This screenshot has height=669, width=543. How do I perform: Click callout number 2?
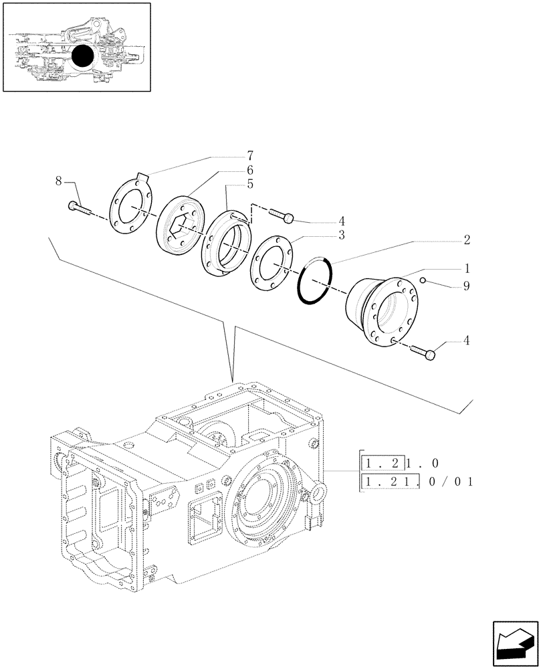(x=466, y=239)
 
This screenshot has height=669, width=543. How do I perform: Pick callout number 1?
(x=466, y=268)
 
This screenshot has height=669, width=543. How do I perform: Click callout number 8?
(x=59, y=181)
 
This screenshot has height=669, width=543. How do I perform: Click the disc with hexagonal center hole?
(x=179, y=228)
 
